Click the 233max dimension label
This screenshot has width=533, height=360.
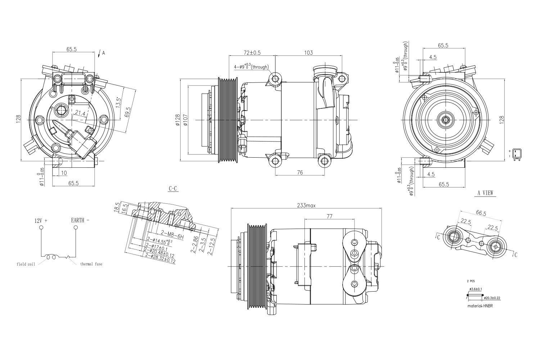click(x=306, y=206)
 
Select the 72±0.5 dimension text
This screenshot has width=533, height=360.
click(x=252, y=53)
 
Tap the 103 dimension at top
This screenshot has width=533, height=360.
click(x=308, y=53)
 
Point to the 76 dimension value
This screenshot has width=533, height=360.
click(x=300, y=172)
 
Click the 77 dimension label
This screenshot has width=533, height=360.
click(x=329, y=216)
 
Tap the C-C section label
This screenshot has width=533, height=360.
click(x=173, y=189)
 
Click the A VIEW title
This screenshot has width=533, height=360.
click(x=485, y=193)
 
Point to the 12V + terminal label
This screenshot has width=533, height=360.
click(x=41, y=220)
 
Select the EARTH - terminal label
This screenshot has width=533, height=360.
click(x=80, y=220)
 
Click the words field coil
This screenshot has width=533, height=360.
click(x=26, y=264)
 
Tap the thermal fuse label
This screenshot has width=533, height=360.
click(x=91, y=264)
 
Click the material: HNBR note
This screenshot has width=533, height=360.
click(x=480, y=306)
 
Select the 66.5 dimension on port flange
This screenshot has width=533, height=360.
click(x=481, y=213)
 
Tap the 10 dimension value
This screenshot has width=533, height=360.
click(x=63, y=173)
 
